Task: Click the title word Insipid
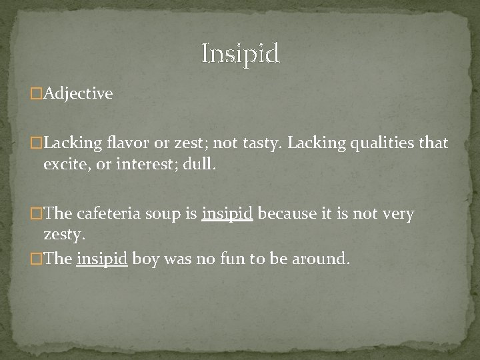(241, 53)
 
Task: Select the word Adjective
(78, 94)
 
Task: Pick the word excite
(65, 164)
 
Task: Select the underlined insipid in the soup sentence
(227, 215)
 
